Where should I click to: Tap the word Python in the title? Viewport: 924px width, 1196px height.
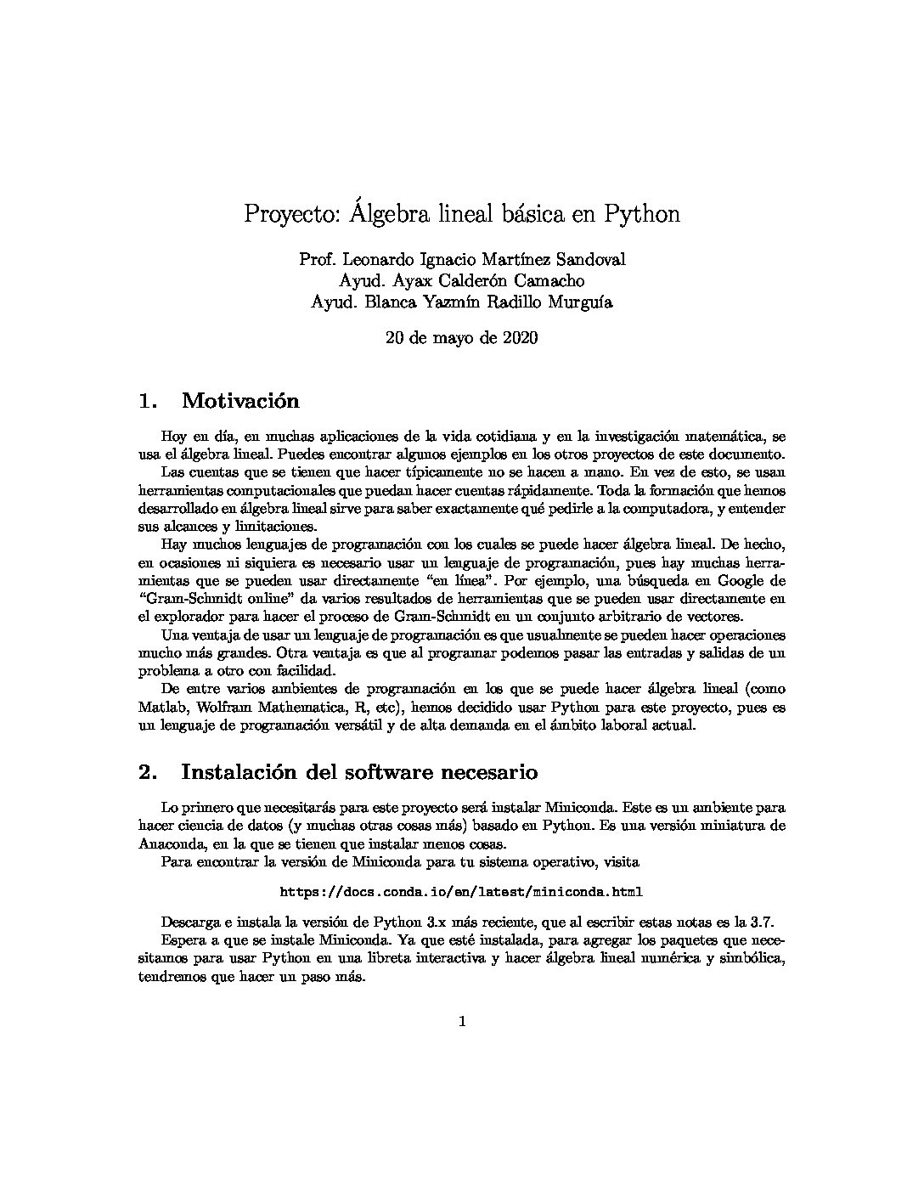[x=642, y=214]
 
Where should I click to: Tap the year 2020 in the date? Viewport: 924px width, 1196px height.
[x=518, y=338]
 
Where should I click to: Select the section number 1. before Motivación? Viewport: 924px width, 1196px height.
[x=148, y=400]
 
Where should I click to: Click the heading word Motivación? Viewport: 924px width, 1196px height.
[x=240, y=400]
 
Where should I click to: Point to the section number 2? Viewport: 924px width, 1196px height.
[x=148, y=772]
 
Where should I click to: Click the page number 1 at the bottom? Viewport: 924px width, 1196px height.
[x=462, y=1022]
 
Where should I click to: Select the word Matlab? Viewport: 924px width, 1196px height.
[x=159, y=708]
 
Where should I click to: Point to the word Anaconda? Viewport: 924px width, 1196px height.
[x=171, y=844]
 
